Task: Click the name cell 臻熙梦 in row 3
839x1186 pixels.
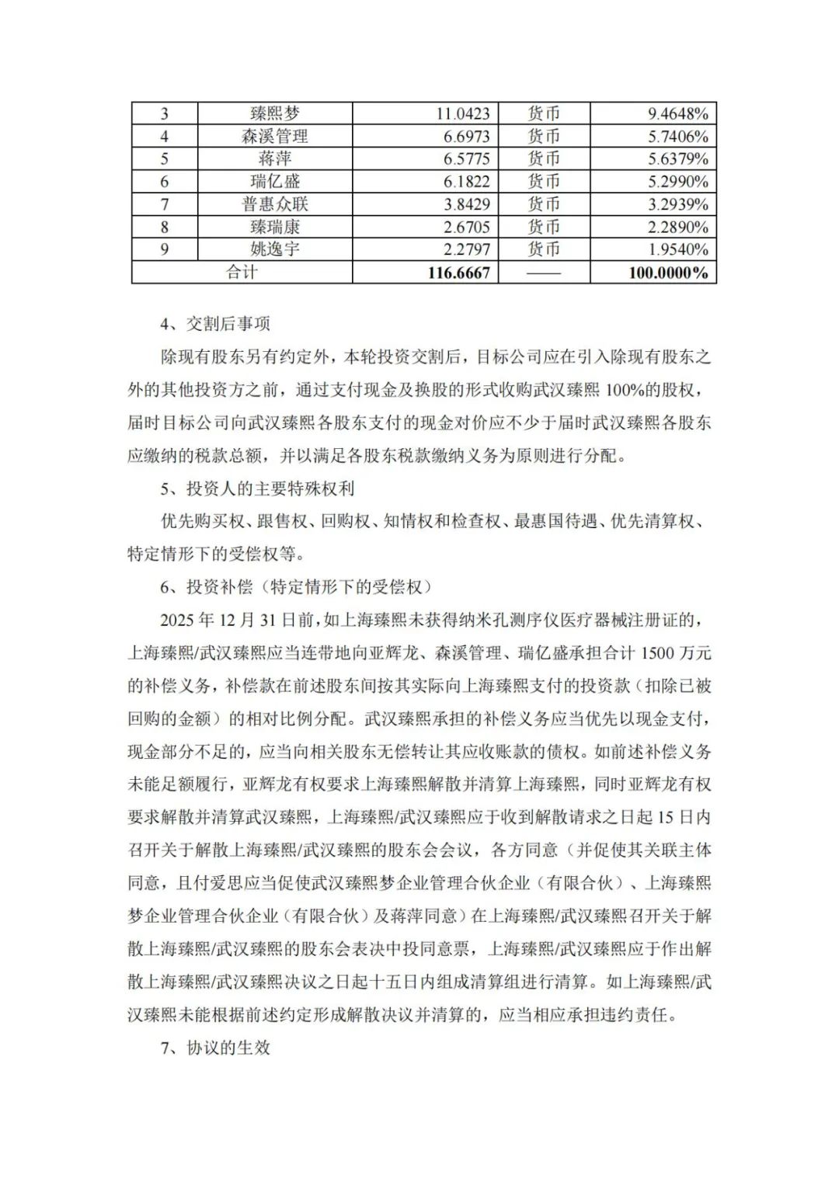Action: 274,113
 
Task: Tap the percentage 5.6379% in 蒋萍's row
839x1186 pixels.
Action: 678,159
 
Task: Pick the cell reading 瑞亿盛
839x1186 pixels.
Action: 274,182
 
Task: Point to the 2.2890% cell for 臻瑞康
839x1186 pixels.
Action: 678,227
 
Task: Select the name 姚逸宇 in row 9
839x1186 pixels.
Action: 274,249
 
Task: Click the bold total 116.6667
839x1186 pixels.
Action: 459,273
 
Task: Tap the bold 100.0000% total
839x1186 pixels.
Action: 666,273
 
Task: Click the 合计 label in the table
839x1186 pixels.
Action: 242,273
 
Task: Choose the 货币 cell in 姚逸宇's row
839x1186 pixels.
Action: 544,249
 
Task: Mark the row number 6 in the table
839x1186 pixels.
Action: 164,182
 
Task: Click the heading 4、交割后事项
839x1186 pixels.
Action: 215,324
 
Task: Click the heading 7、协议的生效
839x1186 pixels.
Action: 215,1047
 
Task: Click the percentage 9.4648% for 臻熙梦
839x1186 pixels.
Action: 678,113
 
